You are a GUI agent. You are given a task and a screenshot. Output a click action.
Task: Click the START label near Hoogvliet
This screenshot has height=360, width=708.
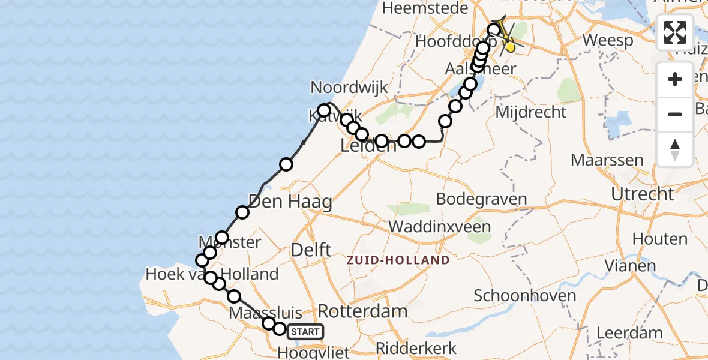pos(306,331)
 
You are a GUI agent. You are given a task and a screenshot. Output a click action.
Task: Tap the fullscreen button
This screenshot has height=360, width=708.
pos(675,33)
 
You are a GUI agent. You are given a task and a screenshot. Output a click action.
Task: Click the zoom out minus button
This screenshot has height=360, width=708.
pos(675,114)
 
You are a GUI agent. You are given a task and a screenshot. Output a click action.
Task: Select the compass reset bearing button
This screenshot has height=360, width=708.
pos(675,149)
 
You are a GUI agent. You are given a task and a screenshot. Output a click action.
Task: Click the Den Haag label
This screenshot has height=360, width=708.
pos(290,202)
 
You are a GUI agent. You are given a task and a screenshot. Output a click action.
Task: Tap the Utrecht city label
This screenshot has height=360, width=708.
pos(643,194)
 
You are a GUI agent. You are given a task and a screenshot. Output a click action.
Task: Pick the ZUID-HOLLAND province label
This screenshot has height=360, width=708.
pos(397,260)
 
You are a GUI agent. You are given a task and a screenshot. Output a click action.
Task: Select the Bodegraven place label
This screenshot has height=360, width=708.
pos(482,199)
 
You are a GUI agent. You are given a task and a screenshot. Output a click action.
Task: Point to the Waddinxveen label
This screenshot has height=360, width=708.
pos(440,227)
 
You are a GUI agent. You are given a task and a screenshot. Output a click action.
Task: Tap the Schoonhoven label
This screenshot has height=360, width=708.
pos(517,295)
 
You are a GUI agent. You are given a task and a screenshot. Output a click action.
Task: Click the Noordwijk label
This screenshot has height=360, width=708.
pos(349,88)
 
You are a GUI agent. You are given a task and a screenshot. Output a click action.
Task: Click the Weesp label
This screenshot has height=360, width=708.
pos(608,41)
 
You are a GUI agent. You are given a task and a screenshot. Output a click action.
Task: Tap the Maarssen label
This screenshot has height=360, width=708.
pos(607,160)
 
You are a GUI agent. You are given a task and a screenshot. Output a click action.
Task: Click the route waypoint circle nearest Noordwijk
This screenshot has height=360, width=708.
pos(324,110)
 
